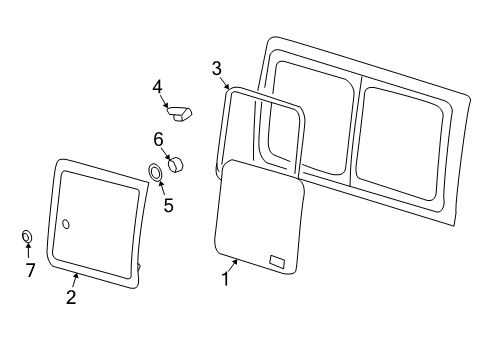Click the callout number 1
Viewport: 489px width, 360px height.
click(x=225, y=281)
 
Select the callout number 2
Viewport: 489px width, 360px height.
click(x=71, y=297)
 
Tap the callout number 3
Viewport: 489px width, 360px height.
click(x=216, y=68)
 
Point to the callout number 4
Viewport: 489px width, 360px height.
click(x=157, y=87)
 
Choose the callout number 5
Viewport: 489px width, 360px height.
click(x=168, y=206)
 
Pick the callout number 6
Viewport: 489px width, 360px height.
click(x=158, y=138)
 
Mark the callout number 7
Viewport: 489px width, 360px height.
click(x=30, y=270)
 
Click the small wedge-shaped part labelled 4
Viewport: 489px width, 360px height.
click(x=182, y=113)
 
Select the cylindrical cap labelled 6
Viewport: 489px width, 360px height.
click(x=178, y=163)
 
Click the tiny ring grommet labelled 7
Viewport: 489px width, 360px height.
click(x=27, y=237)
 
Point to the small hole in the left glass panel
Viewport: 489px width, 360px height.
click(x=66, y=224)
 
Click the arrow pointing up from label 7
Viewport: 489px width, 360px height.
click(x=28, y=252)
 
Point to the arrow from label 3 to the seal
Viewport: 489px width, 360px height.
click(x=226, y=82)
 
